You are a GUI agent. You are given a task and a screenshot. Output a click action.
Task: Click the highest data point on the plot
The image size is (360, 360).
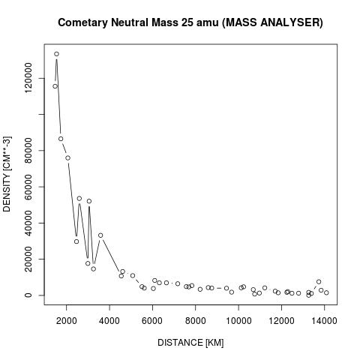click(x=56, y=54)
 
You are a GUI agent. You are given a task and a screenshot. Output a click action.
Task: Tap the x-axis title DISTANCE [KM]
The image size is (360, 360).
click(x=190, y=343)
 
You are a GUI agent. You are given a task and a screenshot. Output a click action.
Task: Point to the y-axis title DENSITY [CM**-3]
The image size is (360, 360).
click(x=7, y=174)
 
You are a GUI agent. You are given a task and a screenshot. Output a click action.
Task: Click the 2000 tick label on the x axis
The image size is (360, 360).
click(x=67, y=321)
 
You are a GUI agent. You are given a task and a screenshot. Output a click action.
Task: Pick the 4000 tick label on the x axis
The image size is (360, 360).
click(x=109, y=321)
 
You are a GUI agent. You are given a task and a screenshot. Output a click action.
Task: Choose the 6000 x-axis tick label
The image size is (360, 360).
click(x=152, y=321)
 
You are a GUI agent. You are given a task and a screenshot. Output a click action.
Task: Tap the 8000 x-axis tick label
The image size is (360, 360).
click(x=196, y=321)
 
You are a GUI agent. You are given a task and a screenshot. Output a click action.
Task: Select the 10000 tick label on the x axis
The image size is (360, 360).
click(x=238, y=321)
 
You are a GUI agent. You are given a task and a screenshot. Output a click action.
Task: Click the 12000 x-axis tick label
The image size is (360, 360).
click(x=282, y=321)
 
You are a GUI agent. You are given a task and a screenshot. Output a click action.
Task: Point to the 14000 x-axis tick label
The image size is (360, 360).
click(x=325, y=321)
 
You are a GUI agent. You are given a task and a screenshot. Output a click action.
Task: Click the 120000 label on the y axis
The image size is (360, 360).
click(x=28, y=78)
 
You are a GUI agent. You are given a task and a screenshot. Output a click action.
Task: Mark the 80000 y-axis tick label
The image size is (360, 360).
click(x=28, y=151)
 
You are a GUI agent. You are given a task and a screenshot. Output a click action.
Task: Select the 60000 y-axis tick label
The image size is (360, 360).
click(x=28, y=187)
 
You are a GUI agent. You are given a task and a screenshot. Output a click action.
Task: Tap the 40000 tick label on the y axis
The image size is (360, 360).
click(x=28, y=223)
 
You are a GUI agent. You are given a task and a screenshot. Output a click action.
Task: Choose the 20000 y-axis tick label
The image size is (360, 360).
click(x=28, y=259)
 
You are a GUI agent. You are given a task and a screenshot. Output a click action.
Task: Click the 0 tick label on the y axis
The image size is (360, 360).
click(x=28, y=295)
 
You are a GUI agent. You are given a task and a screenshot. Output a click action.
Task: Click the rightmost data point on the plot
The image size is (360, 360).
click(x=326, y=292)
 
